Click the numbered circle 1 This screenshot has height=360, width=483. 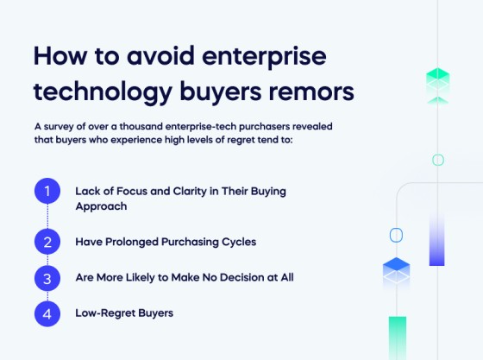coord(47,190)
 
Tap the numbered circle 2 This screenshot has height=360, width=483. coord(47,243)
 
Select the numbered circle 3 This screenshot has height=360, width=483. coord(47,278)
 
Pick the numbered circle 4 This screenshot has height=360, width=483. coord(47,313)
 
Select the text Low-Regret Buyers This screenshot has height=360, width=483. coord(124,313)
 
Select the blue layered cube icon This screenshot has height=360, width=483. coord(397,273)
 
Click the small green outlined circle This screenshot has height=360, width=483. coord(438,160)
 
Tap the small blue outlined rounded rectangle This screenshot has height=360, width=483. coord(397,234)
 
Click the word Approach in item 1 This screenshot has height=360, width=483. coord(101,207)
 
